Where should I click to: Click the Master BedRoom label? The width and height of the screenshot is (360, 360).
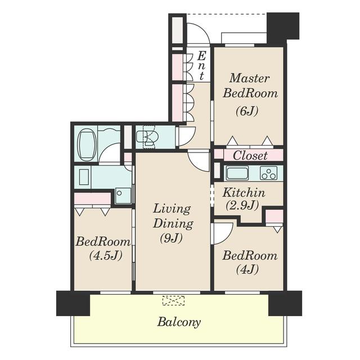point(250,85)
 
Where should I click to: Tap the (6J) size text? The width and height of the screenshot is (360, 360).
point(247,111)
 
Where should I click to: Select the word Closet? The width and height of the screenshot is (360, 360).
point(250,155)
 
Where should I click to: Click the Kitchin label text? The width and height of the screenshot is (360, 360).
point(244,192)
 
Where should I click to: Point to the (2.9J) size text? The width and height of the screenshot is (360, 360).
point(242,205)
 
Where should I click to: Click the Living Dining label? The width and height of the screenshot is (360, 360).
point(173,216)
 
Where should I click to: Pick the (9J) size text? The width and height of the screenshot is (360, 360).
point(171,238)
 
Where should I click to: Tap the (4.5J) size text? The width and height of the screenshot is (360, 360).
point(105,255)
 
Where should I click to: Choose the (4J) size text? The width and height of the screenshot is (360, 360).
point(247,269)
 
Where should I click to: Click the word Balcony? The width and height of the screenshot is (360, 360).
point(179,322)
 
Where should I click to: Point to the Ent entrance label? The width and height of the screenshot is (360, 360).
point(201,66)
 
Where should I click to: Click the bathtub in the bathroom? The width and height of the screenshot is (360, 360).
point(87,145)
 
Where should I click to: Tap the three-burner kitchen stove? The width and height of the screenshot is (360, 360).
point(268,173)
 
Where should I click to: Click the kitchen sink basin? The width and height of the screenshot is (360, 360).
point(237,173)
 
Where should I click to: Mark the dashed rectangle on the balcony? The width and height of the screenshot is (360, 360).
point(174,300)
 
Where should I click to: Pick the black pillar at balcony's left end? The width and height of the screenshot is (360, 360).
point(73,303)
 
